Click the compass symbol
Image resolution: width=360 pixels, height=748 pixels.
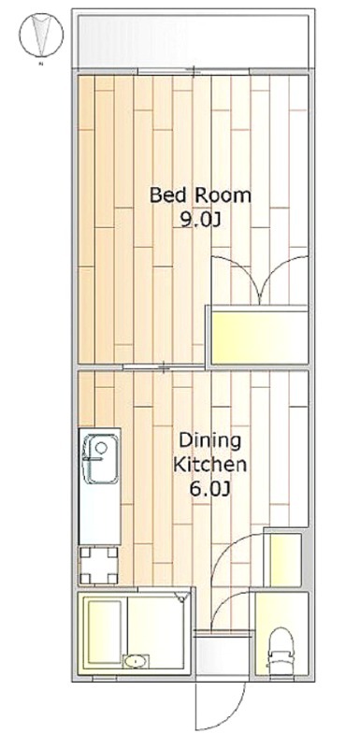pyautogui.click(x=41, y=34)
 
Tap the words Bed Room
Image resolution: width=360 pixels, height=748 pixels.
pyautogui.click(x=200, y=195)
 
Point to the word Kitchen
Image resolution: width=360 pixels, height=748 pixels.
pyautogui.click(x=209, y=465)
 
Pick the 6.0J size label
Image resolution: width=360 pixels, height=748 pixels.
pyautogui.click(x=210, y=489)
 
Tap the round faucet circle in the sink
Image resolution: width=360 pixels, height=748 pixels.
pyautogui.click(x=101, y=448)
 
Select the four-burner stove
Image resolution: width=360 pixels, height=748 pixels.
pyautogui.click(x=99, y=565)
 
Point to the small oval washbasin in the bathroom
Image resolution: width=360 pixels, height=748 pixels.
pyautogui.click(x=137, y=662)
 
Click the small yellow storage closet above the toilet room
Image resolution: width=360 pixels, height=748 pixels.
pyautogui.click(x=282, y=559)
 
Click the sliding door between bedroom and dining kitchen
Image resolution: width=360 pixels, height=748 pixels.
pyautogui.click(x=162, y=367)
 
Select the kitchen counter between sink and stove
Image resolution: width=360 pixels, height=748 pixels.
pyautogui.click(x=100, y=514)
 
